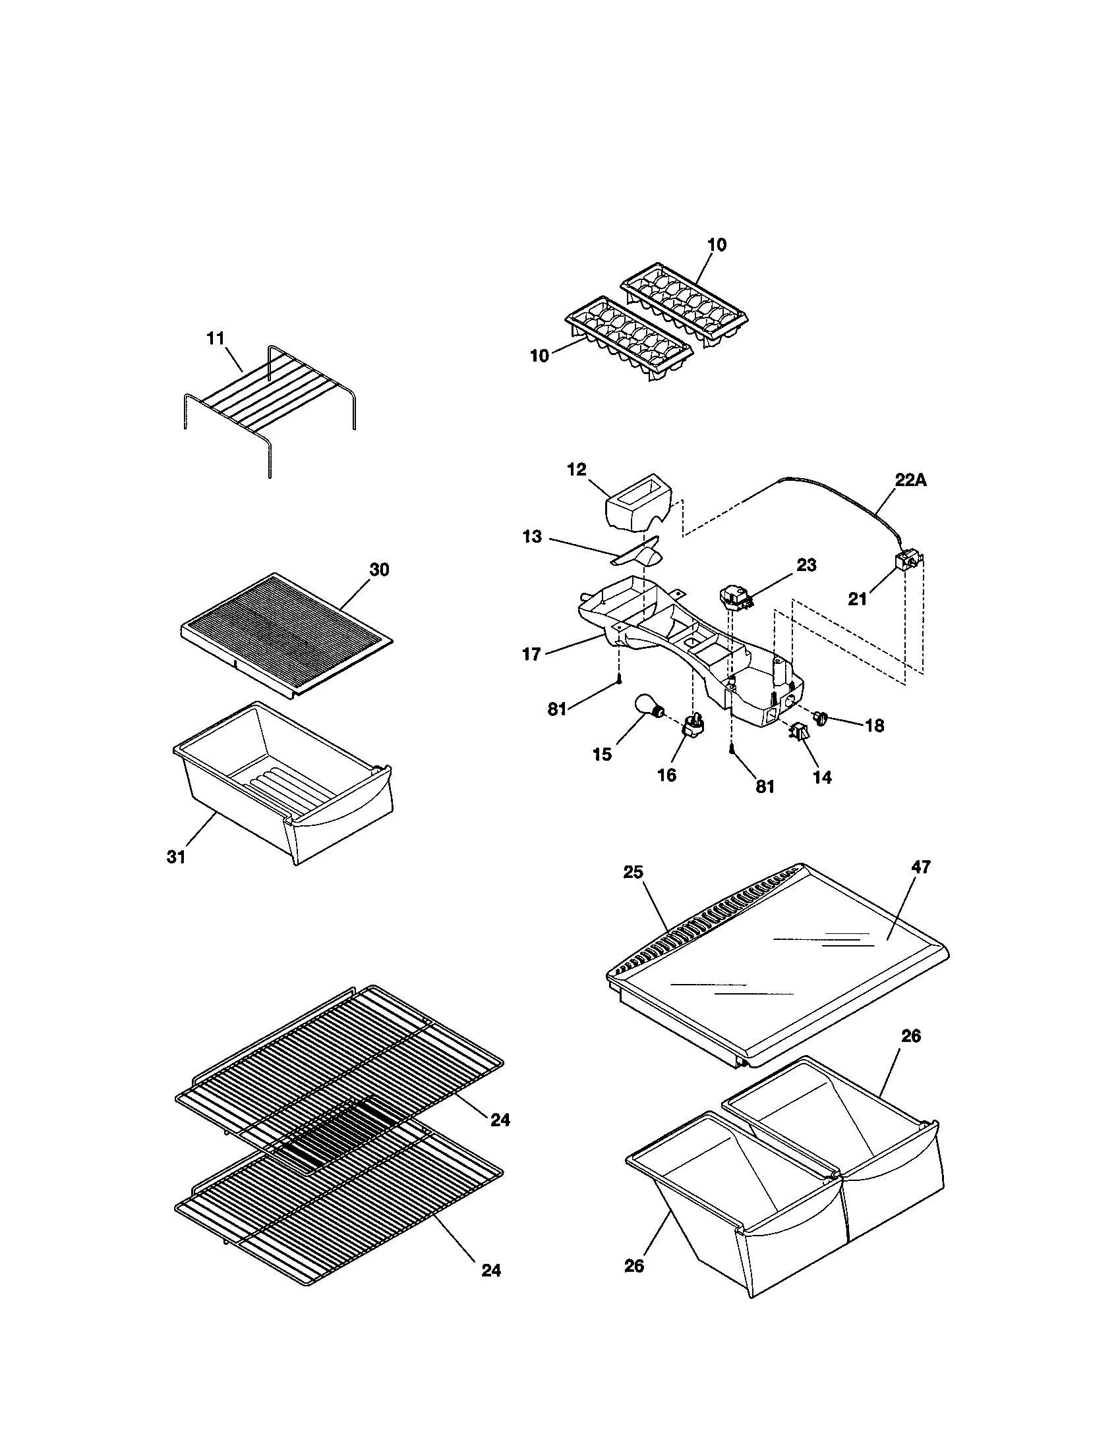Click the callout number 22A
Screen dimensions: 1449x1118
(910, 480)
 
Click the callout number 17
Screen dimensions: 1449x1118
(531, 655)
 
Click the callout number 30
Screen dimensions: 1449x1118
(379, 569)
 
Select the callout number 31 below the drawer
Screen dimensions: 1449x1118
(176, 857)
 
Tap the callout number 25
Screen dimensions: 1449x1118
(633, 872)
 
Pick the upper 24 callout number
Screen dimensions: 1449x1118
(500, 1120)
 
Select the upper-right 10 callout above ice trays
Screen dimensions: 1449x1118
(717, 245)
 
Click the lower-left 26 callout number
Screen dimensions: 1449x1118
(634, 1266)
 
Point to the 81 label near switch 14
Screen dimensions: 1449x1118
(765, 786)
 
